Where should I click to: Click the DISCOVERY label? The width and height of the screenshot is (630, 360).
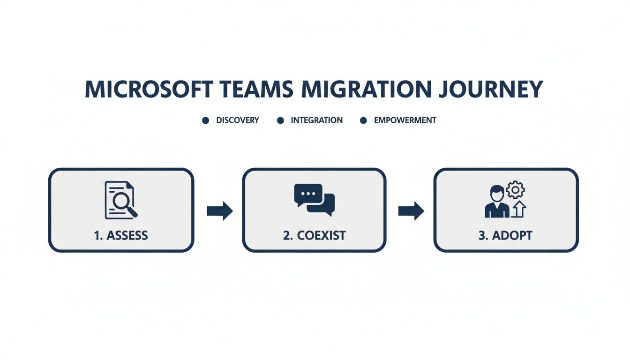click(237, 120)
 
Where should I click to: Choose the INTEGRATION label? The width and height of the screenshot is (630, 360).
click(316, 120)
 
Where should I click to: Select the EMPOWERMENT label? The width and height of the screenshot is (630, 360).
click(405, 120)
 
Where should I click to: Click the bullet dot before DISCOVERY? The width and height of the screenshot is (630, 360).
click(205, 120)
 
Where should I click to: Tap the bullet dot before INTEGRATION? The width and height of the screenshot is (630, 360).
click(280, 120)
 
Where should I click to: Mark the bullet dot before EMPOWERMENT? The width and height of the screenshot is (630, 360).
click(363, 120)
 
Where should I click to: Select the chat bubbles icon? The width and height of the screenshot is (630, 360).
click(314, 200)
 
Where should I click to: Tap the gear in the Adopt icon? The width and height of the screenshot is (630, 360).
click(516, 190)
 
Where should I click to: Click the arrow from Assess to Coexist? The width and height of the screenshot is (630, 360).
click(219, 211)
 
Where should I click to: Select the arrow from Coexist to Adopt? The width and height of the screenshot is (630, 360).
click(411, 211)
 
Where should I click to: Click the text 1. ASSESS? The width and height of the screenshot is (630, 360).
click(121, 235)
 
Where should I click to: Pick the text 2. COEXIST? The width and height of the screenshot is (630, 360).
click(314, 235)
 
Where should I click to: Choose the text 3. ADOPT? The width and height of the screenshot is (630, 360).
click(505, 235)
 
